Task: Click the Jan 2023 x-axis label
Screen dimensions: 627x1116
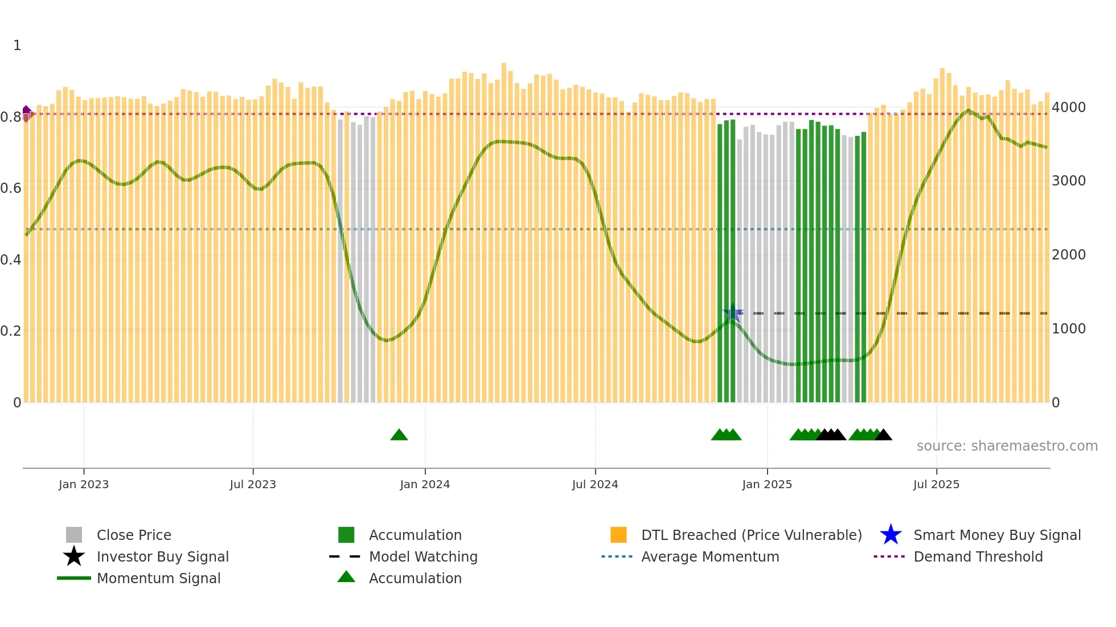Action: (83, 484)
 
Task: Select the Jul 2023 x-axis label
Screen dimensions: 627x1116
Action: (253, 484)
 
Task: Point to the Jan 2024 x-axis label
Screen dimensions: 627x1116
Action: (425, 484)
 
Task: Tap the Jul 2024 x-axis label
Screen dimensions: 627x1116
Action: (595, 484)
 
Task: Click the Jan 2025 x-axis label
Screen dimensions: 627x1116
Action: (767, 484)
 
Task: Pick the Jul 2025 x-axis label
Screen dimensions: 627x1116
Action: (936, 484)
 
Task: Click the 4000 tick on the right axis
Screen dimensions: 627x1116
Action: (1069, 107)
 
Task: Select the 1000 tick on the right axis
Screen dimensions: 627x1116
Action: (1069, 328)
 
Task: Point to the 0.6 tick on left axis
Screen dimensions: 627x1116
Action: (11, 188)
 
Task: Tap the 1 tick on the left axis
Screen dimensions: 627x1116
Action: (17, 45)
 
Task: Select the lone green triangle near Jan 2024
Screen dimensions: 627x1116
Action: (399, 435)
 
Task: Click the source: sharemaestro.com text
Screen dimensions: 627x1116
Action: (1007, 445)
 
